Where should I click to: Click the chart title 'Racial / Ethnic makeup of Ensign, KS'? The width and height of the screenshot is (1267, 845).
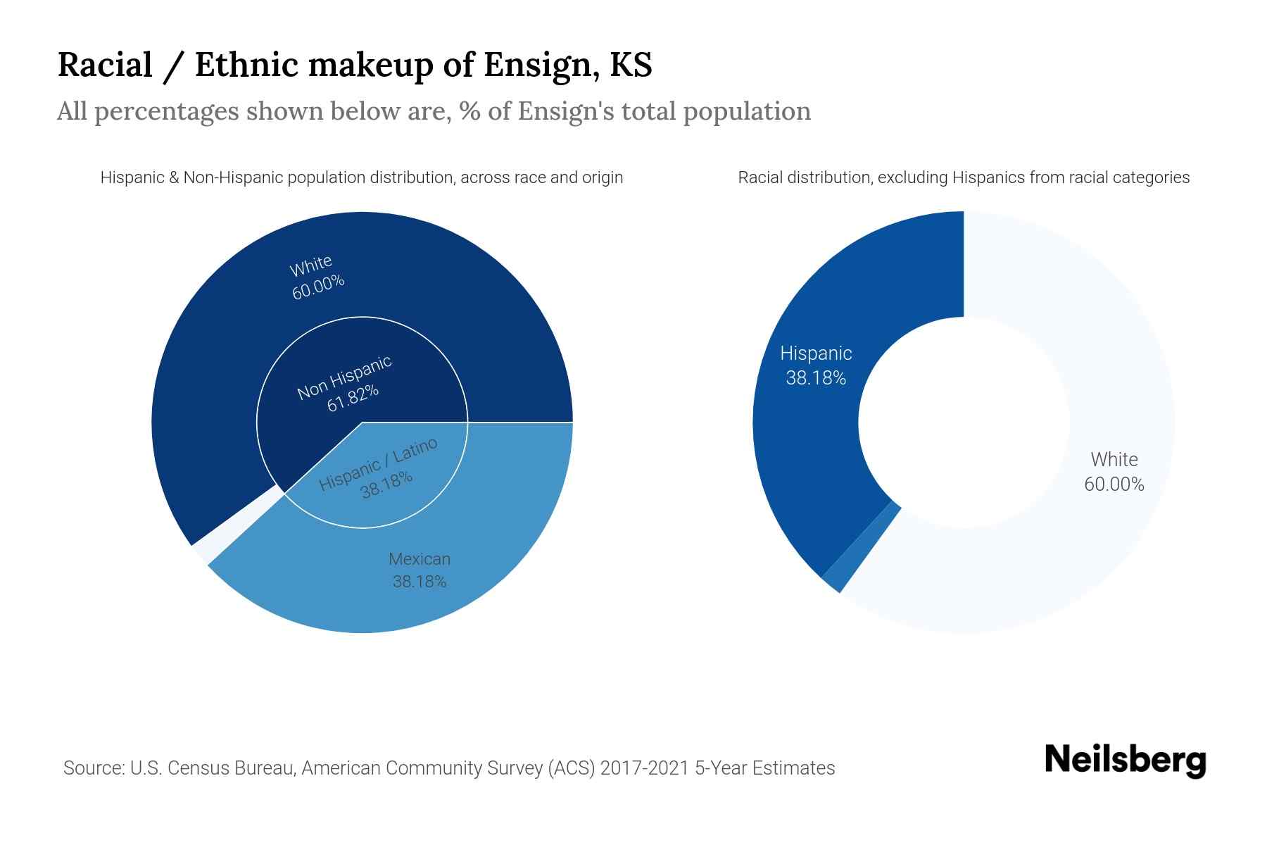pos(355,65)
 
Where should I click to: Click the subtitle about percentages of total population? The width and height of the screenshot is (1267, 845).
pos(434,111)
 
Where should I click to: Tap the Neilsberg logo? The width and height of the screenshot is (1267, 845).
pos(1125,760)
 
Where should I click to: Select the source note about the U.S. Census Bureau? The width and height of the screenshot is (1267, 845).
pos(449,768)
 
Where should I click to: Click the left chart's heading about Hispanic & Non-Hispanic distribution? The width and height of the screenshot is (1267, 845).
pos(362,177)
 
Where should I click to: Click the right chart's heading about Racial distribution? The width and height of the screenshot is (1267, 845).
pos(964,177)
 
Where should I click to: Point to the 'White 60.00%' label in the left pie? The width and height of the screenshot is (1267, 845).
pos(315,277)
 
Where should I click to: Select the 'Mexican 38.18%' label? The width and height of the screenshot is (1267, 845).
pos(420,570)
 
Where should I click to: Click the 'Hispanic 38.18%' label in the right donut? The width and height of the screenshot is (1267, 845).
pos(816,365)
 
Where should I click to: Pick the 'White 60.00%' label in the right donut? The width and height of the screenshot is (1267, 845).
pos(1114,472)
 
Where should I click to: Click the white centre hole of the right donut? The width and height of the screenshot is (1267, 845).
pos(964,423)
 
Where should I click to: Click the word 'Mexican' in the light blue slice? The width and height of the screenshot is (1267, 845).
pos(420,559)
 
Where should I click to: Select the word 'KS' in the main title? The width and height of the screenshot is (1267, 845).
pos(631,65)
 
